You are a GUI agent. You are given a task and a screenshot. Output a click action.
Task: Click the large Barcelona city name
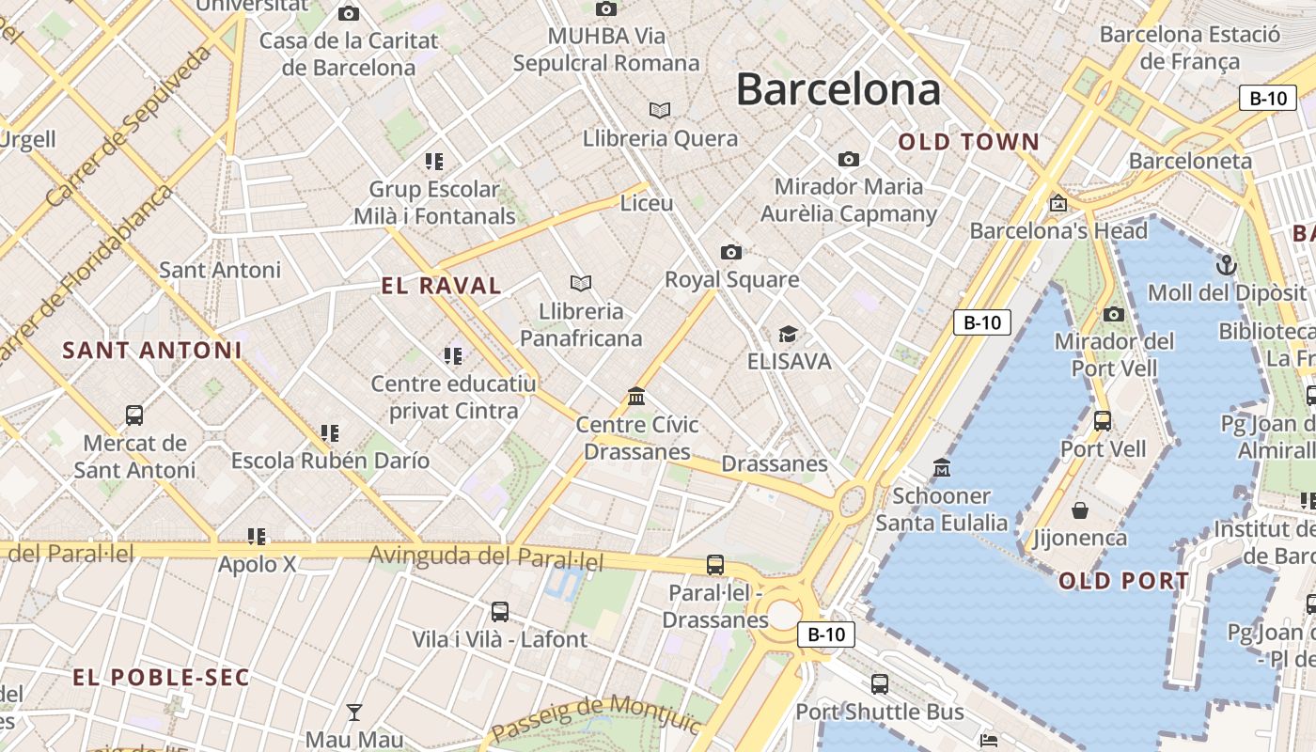click(838, 90)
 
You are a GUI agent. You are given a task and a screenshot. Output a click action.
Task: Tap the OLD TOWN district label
click(968, 142)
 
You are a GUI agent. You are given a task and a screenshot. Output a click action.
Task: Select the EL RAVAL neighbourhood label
click(441, 286)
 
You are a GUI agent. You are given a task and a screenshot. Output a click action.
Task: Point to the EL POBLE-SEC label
click(161, 677)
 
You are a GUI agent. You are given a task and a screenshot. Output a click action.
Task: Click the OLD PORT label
click(1124, 581)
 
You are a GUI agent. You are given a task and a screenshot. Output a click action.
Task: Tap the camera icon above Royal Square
click(730, 252)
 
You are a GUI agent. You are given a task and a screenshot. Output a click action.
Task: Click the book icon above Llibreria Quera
click(660, 111)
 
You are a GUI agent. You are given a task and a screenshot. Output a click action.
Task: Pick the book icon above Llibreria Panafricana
click(581, 283)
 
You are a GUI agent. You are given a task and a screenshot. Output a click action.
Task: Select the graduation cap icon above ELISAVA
click(788, 335)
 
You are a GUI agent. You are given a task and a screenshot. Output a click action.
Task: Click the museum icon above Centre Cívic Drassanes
click(636, 397)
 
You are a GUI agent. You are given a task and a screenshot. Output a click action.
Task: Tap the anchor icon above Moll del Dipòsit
click(1226, 265)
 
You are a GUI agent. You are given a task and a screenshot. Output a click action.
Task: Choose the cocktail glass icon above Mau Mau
click(354, 712)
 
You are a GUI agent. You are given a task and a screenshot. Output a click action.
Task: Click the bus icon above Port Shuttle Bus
click(880, 684)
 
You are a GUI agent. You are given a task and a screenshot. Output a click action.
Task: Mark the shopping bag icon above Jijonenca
click(1080, 510)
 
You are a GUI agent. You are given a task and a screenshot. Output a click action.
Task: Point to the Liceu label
click(647, 203)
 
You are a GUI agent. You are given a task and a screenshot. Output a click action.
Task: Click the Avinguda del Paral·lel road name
click(485, 557)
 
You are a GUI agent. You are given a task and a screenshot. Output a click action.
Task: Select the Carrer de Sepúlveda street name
click(128, 126)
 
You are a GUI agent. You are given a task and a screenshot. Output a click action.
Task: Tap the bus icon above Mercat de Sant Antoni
click(134, 415)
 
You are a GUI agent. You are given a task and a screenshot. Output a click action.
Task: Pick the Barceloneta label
click(1190, 161)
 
